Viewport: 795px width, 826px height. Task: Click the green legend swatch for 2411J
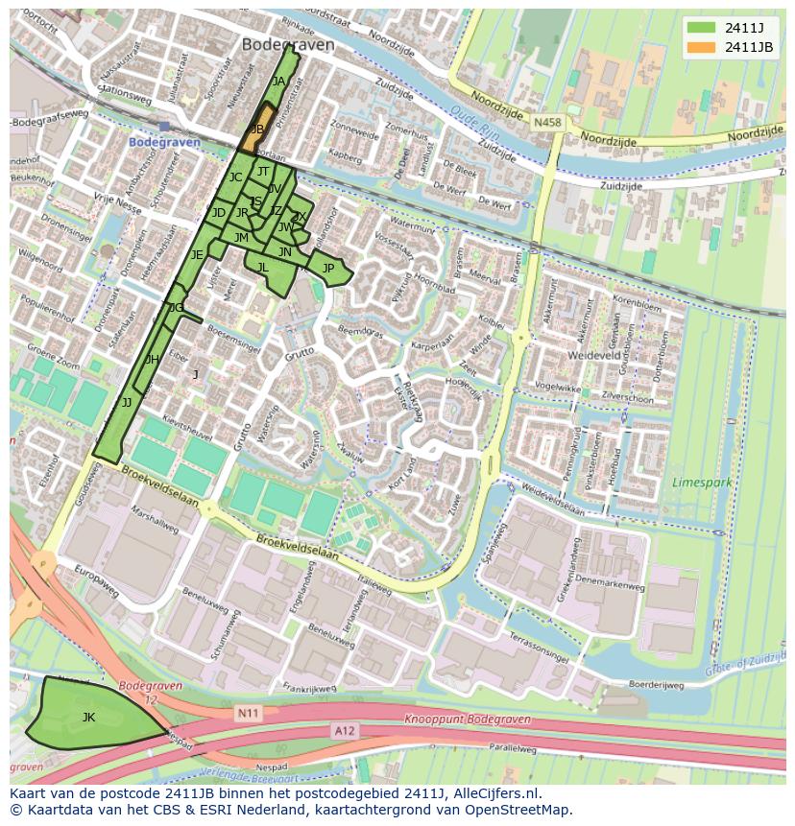pyautogui.click(x=701, y=27)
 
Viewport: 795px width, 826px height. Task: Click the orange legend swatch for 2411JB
pyautogui.click(x=701, y=47)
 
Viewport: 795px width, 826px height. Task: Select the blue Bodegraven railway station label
pyautogui.click(x=164, y=142)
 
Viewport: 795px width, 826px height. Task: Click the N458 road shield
pyautogui.click(x=547, y=123)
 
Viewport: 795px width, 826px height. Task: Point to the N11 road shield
pyautogui.click(x=249, y=714)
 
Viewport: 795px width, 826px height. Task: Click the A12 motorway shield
pyautogui.click(x=345, y=731)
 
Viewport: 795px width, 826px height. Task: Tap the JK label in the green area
pyautogui.click(x=88, y=717)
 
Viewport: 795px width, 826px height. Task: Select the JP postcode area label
pyautogui.click(x=328, y=269)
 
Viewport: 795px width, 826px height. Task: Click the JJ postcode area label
pyautogui.click(x=127, y=403)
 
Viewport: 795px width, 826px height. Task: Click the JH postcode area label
pyautogui.click(x=152, y=360)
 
